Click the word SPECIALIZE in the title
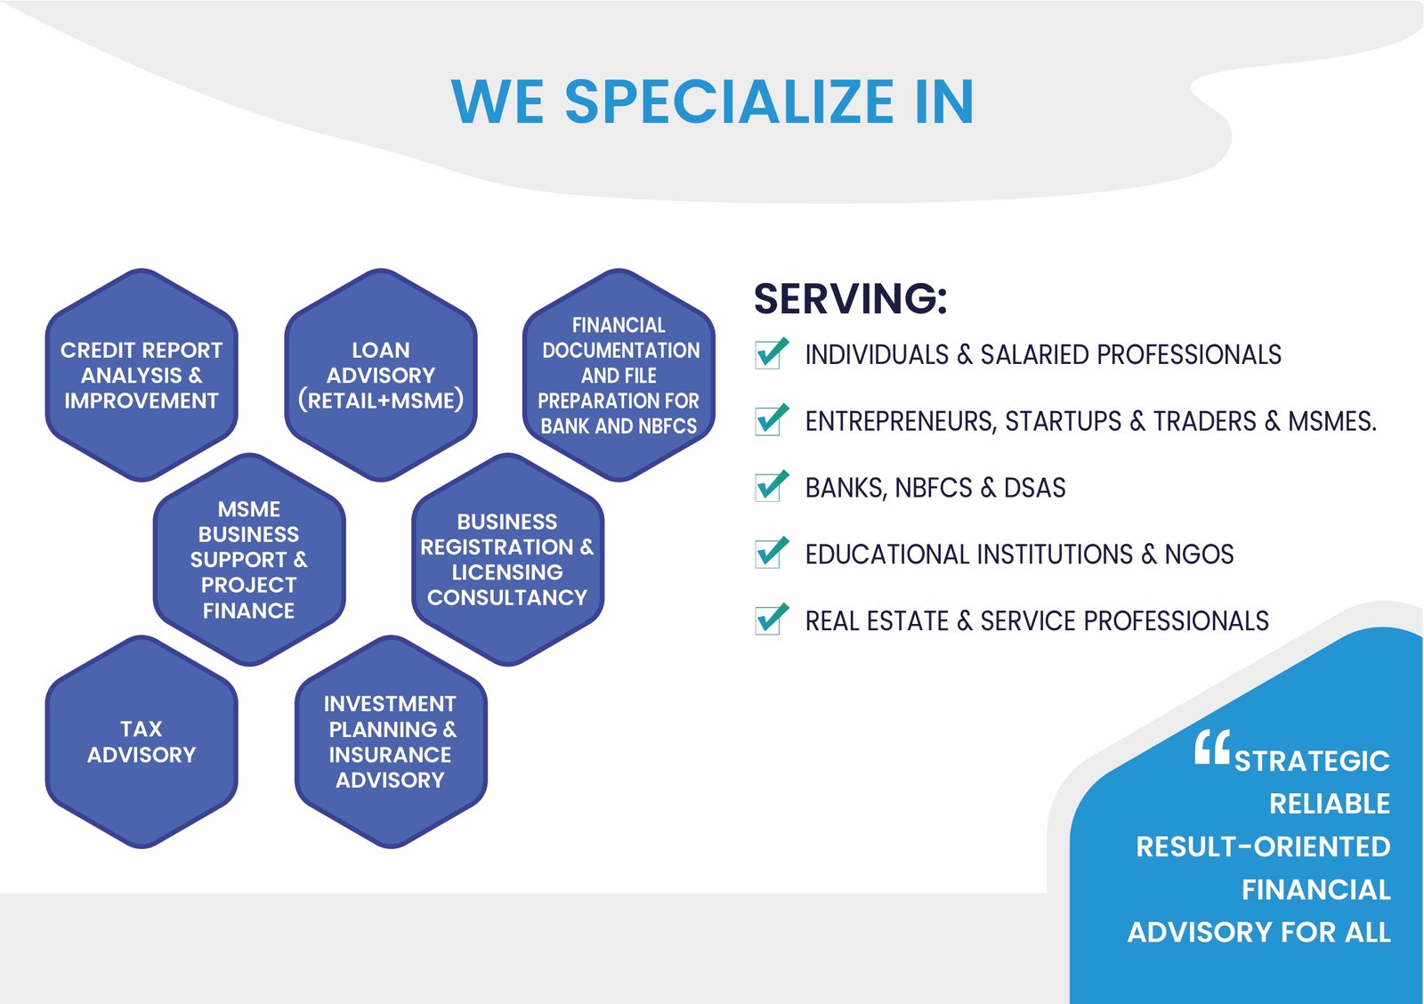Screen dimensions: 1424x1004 coord(730,101)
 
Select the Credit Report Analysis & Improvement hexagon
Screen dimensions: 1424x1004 coord(142,375)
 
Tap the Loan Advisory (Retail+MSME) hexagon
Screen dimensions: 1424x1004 coord(381,375)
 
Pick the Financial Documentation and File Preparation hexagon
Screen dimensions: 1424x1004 coord(619,375)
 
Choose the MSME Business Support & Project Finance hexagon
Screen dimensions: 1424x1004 coord(249,560)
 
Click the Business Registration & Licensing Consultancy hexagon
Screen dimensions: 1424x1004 coord(507,560)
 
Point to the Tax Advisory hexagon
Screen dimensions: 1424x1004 coord(142,741)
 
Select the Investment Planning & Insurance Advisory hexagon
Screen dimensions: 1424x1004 coord(391,741)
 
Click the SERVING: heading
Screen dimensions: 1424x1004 coord(851,298)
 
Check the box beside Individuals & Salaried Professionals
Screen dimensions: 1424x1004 coord(771,353)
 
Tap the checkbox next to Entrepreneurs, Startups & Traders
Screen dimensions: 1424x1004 coord(771,420)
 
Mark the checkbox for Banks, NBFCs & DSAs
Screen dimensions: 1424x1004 coord(771,486)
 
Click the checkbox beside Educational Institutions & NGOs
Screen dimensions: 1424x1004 coord(771,554)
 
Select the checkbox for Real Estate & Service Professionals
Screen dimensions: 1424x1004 coord(771,619)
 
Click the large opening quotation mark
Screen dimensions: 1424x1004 coord(1211,747)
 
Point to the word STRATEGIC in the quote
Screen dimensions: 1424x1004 coord(1312,761)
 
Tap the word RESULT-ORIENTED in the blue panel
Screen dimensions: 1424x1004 coord(1263,847)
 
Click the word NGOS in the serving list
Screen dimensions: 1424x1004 coord(1199,554)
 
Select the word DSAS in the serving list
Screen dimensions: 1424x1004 coord(1034,488)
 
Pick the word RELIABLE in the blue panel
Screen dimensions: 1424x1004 coord(1330,804)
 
